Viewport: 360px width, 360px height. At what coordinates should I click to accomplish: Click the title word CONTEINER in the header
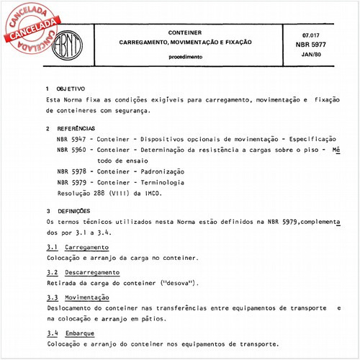185,33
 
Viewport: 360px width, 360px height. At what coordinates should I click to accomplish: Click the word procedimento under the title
185,55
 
